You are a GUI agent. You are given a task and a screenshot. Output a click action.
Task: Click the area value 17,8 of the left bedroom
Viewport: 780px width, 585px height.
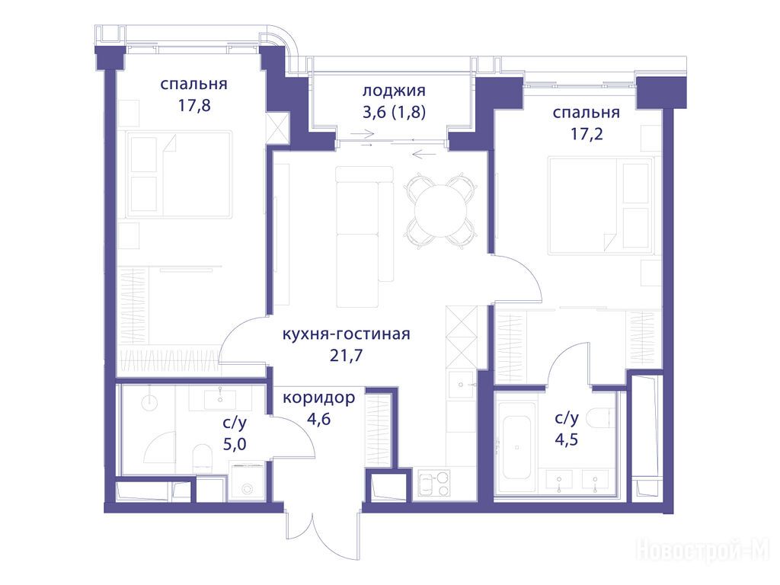(194, 105)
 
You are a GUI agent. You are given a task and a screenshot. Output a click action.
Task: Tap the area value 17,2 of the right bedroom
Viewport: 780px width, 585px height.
(587, 134)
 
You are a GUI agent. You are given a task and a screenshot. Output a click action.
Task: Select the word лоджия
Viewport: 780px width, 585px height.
(394, 91)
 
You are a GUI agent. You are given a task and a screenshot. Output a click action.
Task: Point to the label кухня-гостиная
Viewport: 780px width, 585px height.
(347, 334)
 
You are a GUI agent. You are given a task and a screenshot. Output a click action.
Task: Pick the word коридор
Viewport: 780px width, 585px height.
(319, 398)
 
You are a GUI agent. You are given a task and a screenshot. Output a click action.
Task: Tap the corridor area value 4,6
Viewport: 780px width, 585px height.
(319, 419)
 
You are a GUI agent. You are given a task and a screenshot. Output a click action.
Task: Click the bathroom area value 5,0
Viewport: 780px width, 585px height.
(235, 444)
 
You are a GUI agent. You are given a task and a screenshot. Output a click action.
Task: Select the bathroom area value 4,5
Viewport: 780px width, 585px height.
(567, 440)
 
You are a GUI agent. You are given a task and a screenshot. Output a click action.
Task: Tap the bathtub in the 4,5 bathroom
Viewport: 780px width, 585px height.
(517, 447)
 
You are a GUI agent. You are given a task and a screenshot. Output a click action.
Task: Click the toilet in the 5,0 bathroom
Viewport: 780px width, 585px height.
(203, 459)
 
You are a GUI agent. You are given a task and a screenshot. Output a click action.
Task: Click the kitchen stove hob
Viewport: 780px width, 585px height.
(433, 484)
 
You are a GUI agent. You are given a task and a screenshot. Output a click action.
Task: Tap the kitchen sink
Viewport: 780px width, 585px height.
(462, 385)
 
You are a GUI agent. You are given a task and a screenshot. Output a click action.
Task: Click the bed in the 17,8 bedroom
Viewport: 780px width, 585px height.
(179, 174)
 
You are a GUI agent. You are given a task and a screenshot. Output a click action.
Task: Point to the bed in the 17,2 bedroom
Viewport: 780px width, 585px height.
(600, 206)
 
